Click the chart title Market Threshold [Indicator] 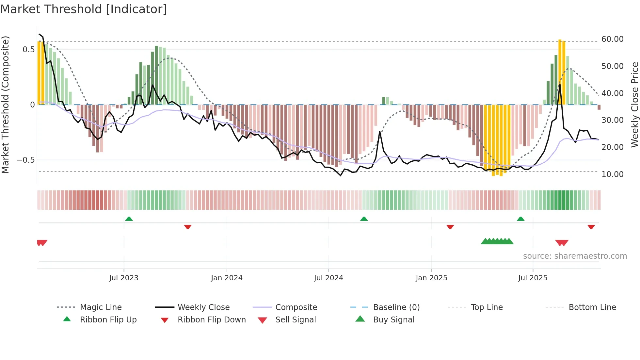(84, 9)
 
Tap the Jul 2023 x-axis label (124, 278)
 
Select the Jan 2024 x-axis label (227, 278)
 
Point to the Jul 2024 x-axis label (328, 278)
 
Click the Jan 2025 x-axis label (431, 278)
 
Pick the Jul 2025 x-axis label (533, 278)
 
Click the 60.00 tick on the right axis (612, 39)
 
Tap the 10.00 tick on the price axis (612, 174)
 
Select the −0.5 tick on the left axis (26, 160)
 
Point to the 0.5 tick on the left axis (28, 50)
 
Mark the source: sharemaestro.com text (575, 256)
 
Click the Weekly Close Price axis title (634, 105)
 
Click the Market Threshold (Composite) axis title (5, 105)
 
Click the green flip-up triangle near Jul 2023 (129, 219)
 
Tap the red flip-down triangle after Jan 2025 (450, 227)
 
